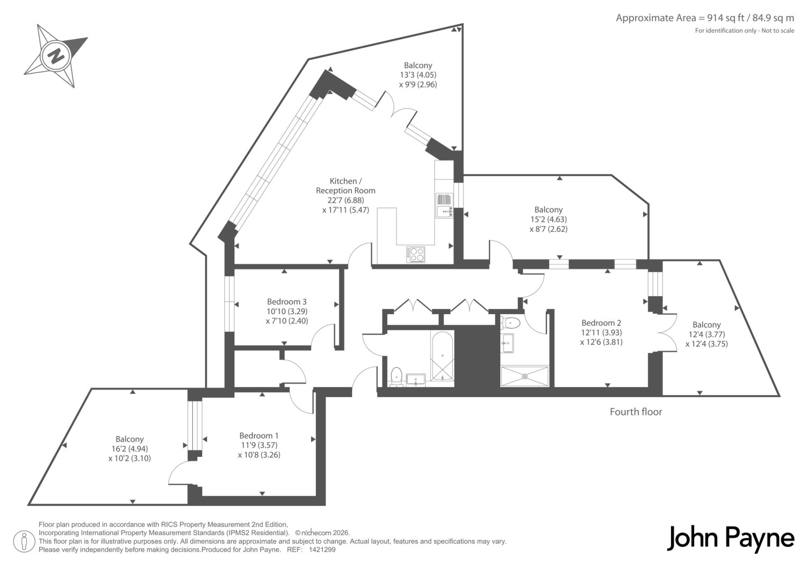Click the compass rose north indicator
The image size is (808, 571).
click(55, 56)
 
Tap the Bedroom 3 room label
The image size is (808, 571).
click(287, 301)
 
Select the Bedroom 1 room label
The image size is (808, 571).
click(259, 436)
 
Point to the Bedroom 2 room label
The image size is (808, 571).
click(601, 323)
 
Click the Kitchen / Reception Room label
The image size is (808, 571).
click(345, 186)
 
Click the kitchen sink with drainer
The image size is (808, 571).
click(444, 206)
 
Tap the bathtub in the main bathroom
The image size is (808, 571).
click(442, 356)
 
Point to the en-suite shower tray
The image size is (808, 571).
click(525, 376)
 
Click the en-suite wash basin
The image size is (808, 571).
click(507, 343)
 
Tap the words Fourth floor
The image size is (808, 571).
click(636, 412)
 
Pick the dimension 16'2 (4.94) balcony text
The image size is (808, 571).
click(129, 449)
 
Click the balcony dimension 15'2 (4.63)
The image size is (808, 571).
click(549, 219)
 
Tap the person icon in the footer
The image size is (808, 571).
click(24, 541)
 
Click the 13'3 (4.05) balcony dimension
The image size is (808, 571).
click(418, 75)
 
